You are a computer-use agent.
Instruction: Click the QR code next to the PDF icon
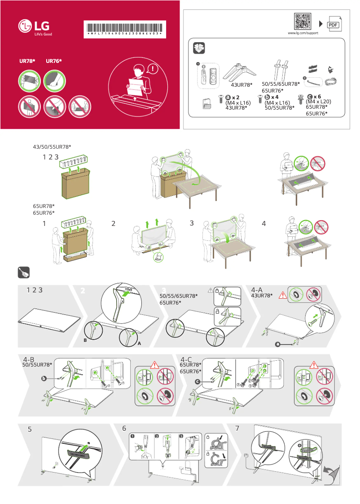tap(303, 22)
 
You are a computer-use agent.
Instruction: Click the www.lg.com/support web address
tap(303, 34)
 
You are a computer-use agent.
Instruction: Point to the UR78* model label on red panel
tap(27, 61)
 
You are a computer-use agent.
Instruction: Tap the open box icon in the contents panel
tap(198, 48)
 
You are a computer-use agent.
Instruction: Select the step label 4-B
tap(29, 359)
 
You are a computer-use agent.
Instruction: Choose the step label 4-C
tap(186, 359)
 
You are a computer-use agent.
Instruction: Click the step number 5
tap(30, 429)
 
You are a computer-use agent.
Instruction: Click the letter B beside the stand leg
tap(85, 341)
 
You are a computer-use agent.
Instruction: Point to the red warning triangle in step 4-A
tap(283, 296)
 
